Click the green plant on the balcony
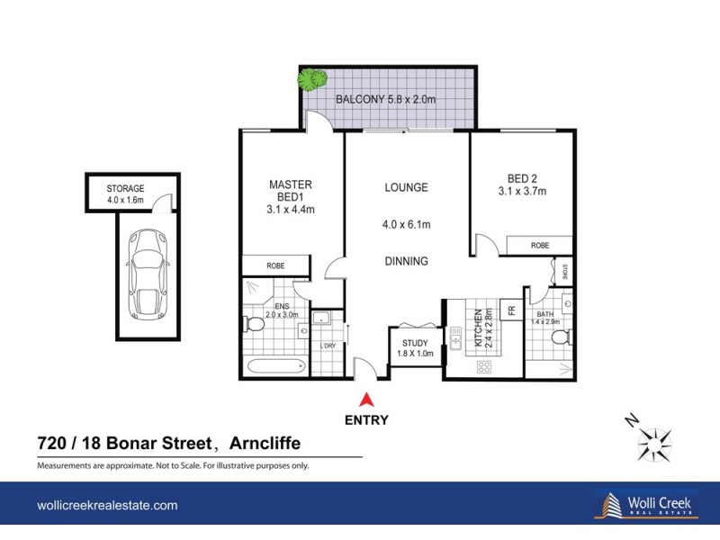point(312,79)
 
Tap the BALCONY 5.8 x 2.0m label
point(385,99)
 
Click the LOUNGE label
point(406,188)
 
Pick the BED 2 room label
point(521,184)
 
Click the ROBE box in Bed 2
point(539,245)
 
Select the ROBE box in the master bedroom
point(275,265)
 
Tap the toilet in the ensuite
point(252,323)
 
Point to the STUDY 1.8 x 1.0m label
point(415,348)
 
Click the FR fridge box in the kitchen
point(510,310)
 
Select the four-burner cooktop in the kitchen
point(483,366)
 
